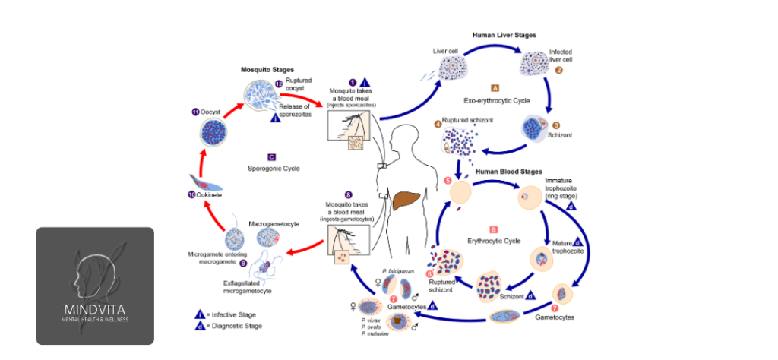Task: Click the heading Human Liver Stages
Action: (504, 35)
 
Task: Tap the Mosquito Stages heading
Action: (267, 69)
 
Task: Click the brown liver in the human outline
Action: (410, 198)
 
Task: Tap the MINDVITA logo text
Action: (95, 309)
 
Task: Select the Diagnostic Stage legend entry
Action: (227, 326)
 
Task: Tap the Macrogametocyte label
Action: (271, 224)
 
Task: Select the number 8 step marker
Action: (348, 194)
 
